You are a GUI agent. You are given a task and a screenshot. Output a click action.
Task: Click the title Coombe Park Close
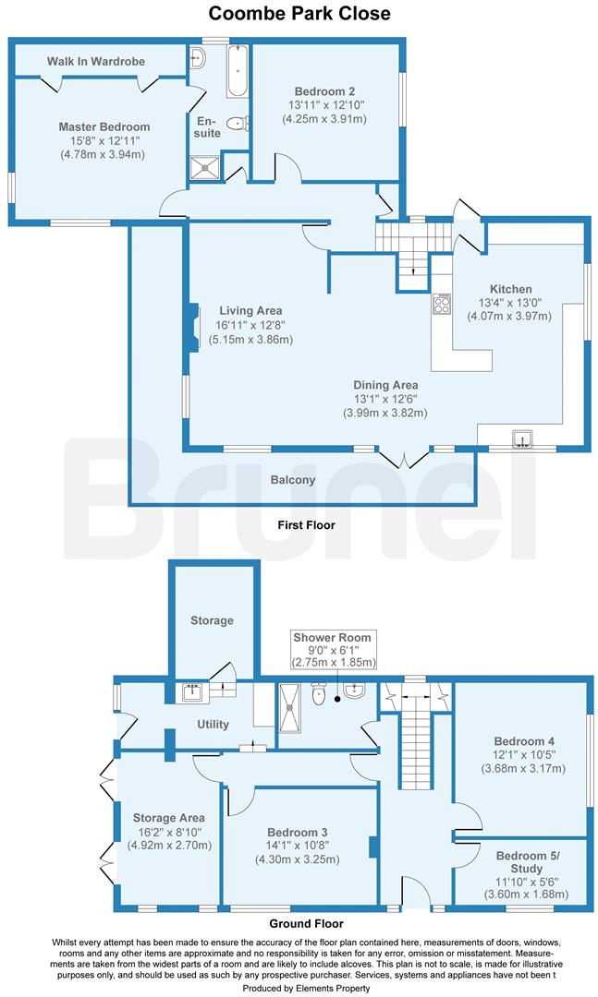299,13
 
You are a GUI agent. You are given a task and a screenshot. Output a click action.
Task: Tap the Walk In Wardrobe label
96,62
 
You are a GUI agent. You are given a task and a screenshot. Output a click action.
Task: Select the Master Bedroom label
104,126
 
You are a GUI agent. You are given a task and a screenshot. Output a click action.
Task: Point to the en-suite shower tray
201,167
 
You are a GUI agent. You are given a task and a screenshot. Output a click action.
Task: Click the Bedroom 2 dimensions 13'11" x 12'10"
325,105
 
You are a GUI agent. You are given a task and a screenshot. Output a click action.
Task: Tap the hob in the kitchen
442,305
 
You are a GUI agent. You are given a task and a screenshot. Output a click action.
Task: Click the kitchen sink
524,438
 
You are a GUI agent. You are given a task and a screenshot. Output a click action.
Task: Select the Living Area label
250,310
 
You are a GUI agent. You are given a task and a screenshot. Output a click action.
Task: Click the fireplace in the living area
191,329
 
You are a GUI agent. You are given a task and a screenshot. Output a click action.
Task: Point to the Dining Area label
385,385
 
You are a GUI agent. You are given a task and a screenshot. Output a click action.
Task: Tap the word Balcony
293,480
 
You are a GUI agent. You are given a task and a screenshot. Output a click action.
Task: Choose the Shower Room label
332,637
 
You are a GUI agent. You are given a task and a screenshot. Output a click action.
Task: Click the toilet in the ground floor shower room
319,693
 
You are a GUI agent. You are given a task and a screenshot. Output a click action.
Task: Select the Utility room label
212,725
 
